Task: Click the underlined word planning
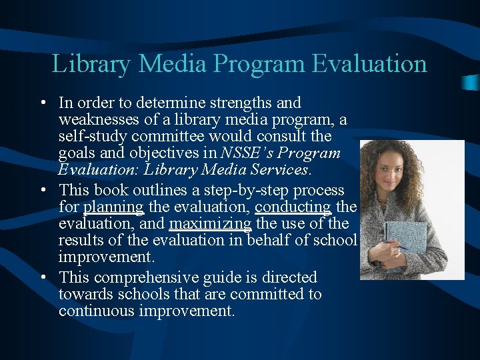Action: pyautogui.click(x=113, y=207)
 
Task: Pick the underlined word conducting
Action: pyautogui.click(x=293, y=207)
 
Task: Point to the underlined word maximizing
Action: pyautogui.click(x=210, y=224)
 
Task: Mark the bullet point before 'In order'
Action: pyautogui.click(x=42, y=104)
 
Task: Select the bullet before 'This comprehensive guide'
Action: pyautogui.click(x=42, y=278)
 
